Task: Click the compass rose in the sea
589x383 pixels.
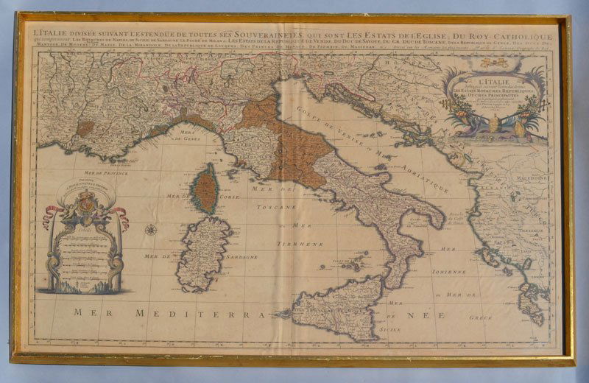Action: click(x=151, y=231)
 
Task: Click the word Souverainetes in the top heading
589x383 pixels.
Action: click(x=255, y=35)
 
